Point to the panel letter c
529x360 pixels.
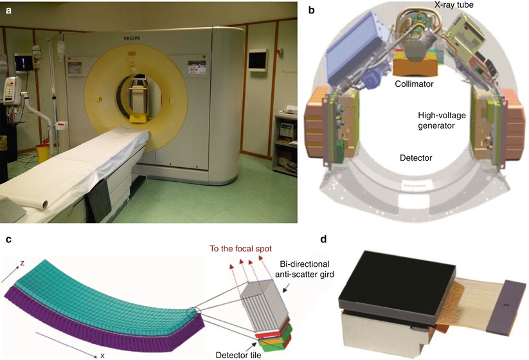7,239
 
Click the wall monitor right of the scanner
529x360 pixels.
257,60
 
